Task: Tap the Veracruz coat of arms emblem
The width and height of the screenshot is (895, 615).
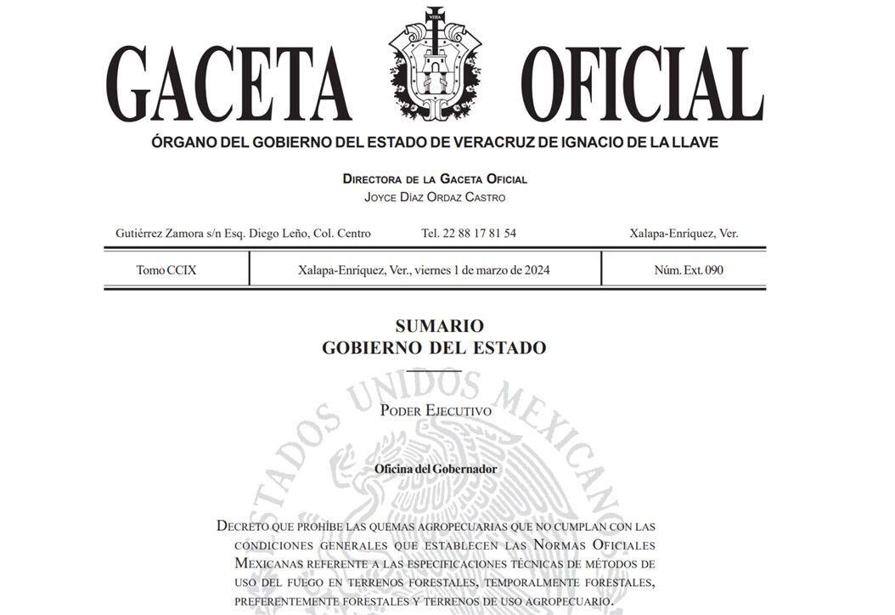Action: pos(434,65)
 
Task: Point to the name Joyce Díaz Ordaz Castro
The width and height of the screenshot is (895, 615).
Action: pos(434,197)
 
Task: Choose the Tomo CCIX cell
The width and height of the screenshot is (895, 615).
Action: pos(166,270)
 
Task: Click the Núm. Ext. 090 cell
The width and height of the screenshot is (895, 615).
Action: pos(689,270)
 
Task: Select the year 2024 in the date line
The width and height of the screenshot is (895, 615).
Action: pos(535,270)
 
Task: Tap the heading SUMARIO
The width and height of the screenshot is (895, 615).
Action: pos(434,326)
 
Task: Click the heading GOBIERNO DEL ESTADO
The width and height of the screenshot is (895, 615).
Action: pos(434,348)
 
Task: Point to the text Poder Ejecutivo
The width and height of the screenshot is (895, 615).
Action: pos(436,410)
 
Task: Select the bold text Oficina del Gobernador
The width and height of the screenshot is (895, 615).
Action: pos(436,469)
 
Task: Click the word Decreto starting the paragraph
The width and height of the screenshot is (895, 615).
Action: pos(244,526)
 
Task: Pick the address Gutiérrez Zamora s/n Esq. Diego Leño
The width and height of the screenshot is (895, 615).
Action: pos(242,233)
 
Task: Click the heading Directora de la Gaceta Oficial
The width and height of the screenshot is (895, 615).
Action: pos(434,179)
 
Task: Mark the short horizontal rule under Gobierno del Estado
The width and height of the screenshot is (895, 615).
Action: pos(434,371)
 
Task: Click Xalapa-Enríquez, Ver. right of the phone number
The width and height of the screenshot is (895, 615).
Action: pos(683,233)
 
